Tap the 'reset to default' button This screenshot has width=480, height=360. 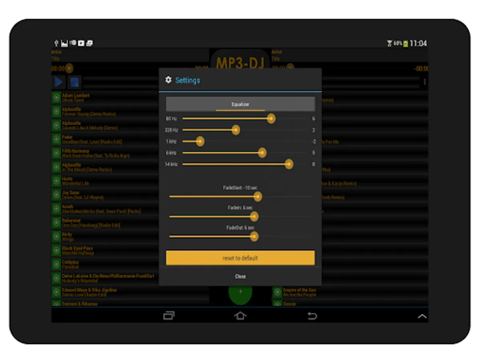point(240,258)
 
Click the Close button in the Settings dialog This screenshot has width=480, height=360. point(240,276)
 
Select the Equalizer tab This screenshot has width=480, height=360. point(240,104)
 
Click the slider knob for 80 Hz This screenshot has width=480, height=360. point(271,118)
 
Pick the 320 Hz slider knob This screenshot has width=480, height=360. point(236,130)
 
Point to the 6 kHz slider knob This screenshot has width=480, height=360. point(262,152)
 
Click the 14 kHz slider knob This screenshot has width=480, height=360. point(289,164)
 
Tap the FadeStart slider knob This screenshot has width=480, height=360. point(258,196)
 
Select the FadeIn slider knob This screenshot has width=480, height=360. point(254,216)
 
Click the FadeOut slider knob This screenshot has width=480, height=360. point(254,236)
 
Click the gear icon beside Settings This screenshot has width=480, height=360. point(168,80)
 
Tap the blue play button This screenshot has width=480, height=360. point(59,82)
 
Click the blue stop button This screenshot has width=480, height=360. point(74,82)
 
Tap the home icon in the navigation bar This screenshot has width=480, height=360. point(240,316)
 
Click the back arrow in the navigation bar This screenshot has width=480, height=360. point(312,316)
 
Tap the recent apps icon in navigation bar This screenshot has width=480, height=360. point(169,316)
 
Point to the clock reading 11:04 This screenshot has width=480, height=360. point(418,43)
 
